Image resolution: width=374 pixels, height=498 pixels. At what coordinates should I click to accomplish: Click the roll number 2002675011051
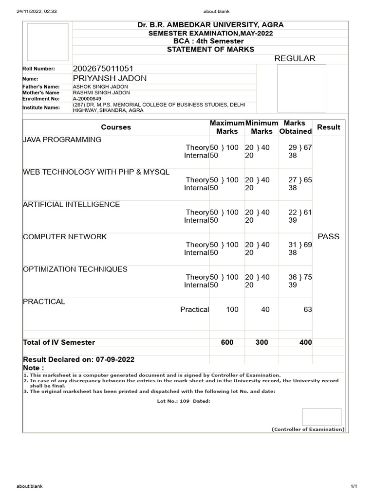coord(103,69)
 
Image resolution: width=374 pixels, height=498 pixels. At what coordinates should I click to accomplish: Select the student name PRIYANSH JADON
coord(110,78)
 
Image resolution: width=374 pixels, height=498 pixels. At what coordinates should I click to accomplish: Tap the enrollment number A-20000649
coord(87,99)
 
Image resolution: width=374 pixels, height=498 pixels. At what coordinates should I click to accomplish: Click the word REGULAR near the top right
coord(295,58)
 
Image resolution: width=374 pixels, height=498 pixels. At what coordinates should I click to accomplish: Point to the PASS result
coord(328,236)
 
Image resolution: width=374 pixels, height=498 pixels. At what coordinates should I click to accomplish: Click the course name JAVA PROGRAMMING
coord(62,140)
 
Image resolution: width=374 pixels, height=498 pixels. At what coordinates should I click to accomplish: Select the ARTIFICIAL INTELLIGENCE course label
coord(71,204)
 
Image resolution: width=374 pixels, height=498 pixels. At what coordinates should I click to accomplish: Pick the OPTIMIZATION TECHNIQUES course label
coord(75,269)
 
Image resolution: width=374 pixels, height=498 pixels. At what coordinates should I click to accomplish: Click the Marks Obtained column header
coord(295,127)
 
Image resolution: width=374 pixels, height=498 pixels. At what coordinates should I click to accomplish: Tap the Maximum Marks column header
coord(227,127)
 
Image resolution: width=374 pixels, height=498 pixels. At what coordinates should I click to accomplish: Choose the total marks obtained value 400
coord(305,342)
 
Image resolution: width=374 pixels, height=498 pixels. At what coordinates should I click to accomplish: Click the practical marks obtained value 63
coord(307,309)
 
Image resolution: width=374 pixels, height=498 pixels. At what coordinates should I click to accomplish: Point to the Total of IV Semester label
coord(59,342)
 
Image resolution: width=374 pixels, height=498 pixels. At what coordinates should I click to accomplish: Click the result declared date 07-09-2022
coord(115,359)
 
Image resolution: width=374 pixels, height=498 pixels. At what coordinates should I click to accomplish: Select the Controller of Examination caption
coord(308,429)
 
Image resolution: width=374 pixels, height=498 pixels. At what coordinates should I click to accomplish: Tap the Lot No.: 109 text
coord(173,401)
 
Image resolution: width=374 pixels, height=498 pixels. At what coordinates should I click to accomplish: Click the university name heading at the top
coord(210,25)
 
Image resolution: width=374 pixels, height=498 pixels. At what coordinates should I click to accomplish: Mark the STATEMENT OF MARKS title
coord(210,50)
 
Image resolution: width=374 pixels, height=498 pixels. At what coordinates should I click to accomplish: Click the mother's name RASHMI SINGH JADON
coord(101,92)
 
